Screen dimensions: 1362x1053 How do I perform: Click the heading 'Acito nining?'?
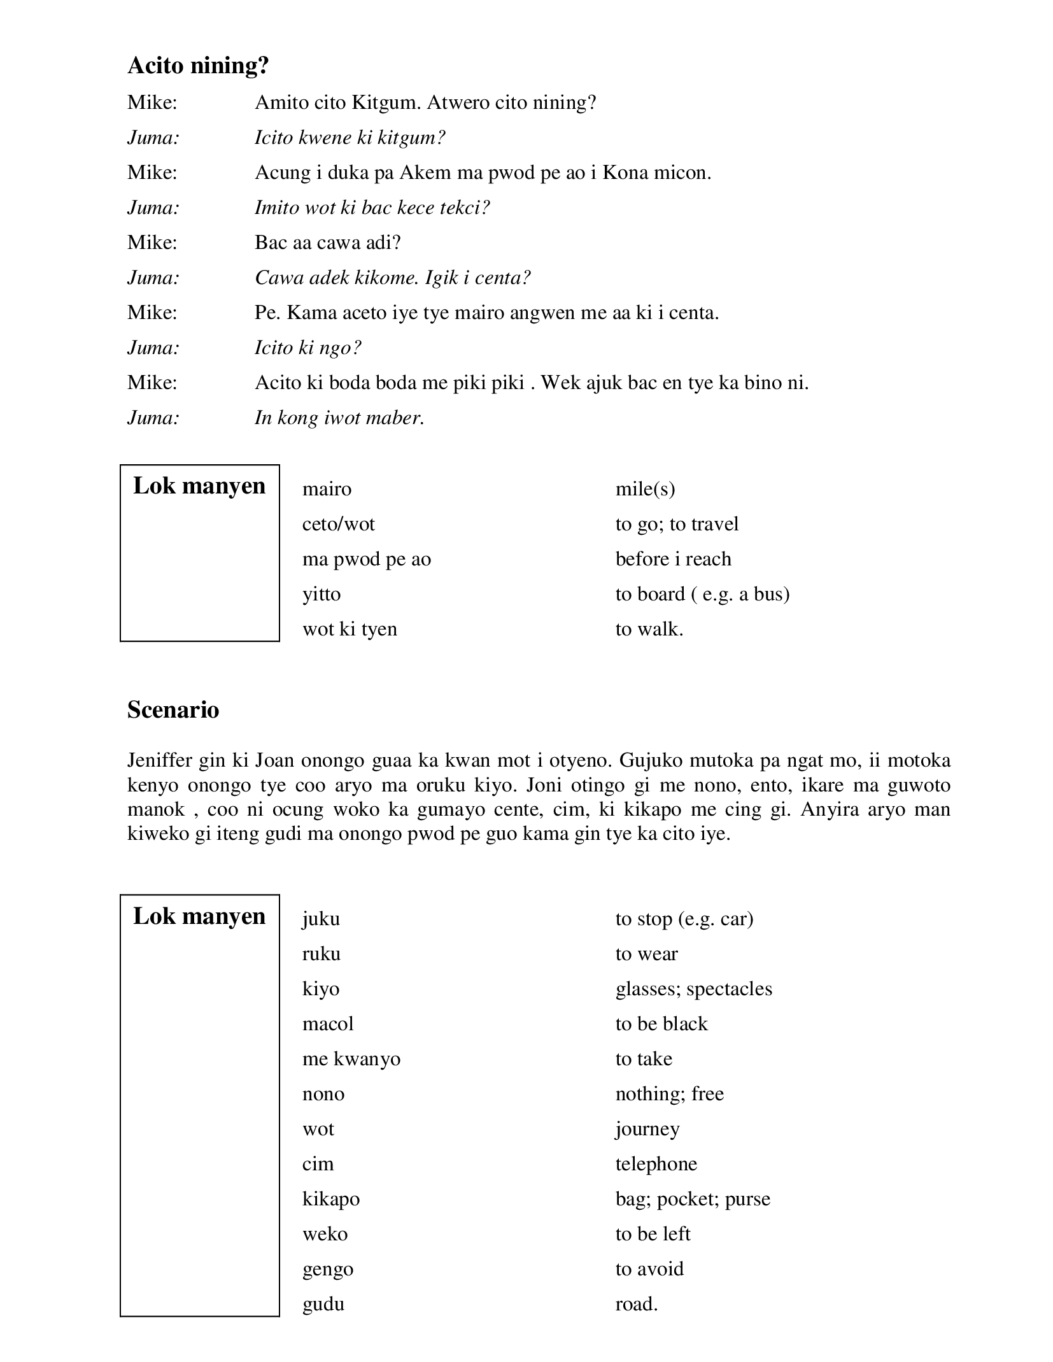[x=198, y=66]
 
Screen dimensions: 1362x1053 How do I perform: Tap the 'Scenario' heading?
[x=173, y=710]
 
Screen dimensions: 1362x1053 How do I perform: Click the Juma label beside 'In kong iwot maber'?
[x=153, y=418]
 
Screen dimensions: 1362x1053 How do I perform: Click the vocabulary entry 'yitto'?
[x=322, y=594]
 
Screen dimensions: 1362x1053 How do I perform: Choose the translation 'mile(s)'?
[x=645, y=489]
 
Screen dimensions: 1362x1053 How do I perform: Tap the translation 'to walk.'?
[x=649, y=629]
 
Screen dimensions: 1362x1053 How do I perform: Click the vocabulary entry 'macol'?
[x=328, y=1024]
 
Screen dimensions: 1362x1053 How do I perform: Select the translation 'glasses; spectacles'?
[x=693, y=989]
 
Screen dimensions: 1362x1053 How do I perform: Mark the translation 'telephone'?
[x=656, y=1164]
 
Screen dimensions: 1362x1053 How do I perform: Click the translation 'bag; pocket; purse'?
[x=693, y=1199]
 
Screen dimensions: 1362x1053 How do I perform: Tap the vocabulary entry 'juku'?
[x=321, y=919]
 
